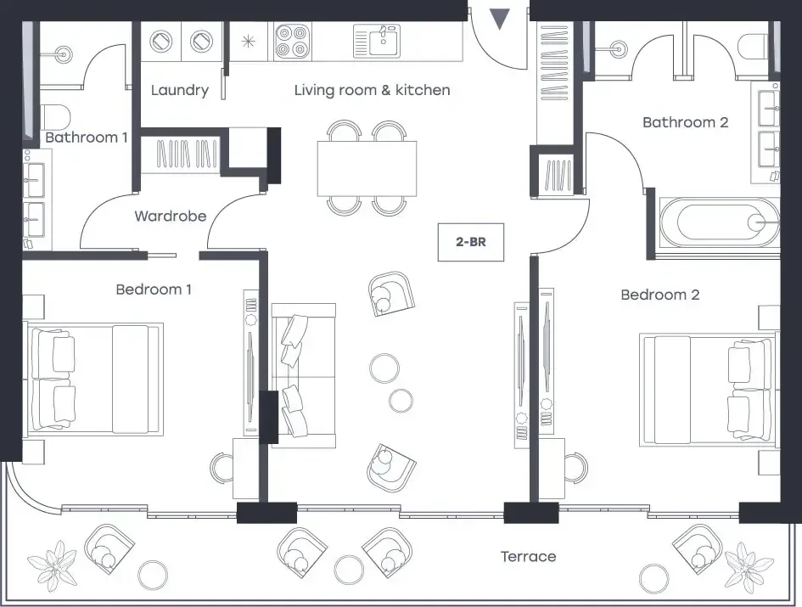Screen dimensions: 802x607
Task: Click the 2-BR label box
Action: [x=470, y=242]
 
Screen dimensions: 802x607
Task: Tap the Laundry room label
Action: [x=180, y=91]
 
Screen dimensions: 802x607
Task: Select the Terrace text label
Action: [x=529, y=556]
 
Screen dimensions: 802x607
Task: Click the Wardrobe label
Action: [x=171, y=216]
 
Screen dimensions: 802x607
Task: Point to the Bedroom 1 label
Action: [x=154, y=289]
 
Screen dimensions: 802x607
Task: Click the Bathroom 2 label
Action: [x=686, y=122]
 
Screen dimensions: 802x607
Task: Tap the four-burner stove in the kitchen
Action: [x=293, y=41]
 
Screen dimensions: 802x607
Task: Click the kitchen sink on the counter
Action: [x=378, y=42]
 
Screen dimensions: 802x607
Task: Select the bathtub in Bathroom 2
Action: [x=720, y=222]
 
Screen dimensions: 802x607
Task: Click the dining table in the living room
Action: [x=367, y=168]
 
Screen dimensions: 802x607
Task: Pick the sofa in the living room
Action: [x=303, y=376]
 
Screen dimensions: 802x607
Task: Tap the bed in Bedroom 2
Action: [x=708, y=390]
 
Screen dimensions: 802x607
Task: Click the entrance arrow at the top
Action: [x=499, y=19]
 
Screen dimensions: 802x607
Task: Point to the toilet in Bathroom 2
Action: [x=754, y=47]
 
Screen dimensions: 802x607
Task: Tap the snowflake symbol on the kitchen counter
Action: [x=248, y=42]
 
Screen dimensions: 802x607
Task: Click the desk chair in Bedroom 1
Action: [x=221, y=467]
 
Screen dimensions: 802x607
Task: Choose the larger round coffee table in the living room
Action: [x=384, y=368]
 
